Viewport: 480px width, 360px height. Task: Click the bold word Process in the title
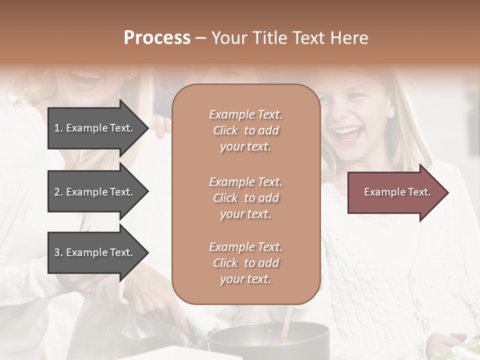157,38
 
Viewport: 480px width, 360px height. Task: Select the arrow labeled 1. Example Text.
95,128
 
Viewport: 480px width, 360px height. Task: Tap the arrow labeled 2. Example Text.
95,192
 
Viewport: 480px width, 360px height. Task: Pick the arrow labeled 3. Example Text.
95,252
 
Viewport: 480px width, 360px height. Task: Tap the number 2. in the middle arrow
58,192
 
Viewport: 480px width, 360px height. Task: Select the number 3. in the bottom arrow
58,252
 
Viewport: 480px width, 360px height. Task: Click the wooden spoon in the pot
286,325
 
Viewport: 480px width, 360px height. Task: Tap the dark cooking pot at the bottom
270,342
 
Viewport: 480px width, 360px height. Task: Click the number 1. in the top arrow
58,128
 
